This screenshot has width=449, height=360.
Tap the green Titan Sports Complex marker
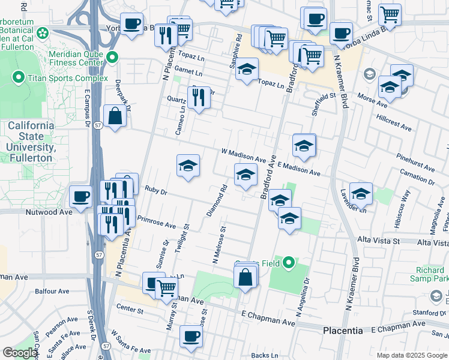coord(18,77)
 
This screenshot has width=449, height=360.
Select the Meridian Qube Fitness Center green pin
coord(113,58)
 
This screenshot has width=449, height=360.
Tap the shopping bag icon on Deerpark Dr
coord(115,116)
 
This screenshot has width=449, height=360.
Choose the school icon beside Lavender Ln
coord(361,194)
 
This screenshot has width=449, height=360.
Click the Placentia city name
coord(343,331)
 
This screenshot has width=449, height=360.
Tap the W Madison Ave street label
coord(243,155)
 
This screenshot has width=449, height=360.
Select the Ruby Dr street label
coord(155,190)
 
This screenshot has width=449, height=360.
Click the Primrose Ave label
coord(156,222)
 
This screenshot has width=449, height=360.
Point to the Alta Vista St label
coord(378,240)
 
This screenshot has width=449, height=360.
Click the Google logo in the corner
coord(20,353)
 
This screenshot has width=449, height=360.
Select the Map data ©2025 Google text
coord(412,355)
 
